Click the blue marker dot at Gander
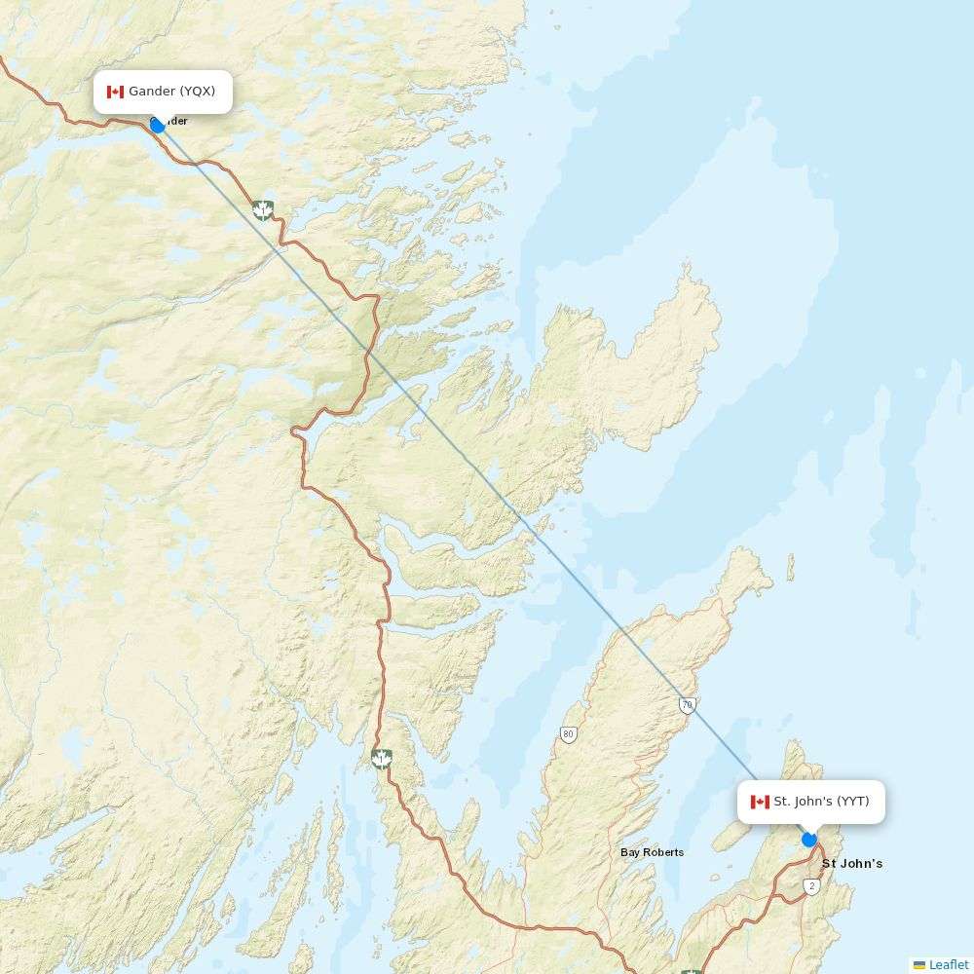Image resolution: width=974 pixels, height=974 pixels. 157,125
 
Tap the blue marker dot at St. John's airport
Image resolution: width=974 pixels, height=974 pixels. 809,840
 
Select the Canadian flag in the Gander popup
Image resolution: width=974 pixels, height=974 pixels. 115,92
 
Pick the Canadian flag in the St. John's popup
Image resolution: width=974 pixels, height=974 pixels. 760,802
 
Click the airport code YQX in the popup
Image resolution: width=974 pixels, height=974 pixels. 198,92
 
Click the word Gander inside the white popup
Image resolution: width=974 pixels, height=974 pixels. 152,92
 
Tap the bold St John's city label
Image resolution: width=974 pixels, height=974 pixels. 852,864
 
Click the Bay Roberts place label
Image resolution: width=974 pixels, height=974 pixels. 652,852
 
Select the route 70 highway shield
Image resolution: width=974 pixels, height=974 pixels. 688,705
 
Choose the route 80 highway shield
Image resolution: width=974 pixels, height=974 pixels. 569,734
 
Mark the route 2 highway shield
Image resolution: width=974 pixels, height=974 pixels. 812,886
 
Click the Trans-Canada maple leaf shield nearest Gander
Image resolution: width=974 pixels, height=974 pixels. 262,209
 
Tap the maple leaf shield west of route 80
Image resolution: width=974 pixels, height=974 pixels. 382,758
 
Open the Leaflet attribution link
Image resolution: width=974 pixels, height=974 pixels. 949,964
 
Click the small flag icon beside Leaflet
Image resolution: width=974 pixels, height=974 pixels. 919,965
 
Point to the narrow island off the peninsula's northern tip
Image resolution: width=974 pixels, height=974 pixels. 790,568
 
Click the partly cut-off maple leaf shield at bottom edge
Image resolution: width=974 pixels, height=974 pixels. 692,970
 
